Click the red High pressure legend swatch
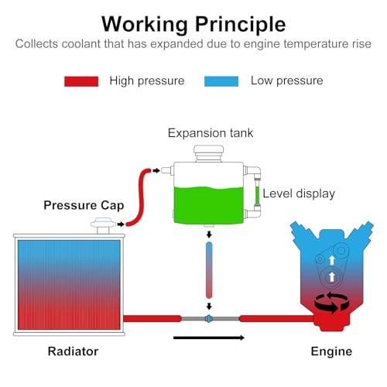[x=81, y=81]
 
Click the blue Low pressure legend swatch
[x=221, y=81]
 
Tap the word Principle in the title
[x=241, y=25]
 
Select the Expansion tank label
[x=211, y=133]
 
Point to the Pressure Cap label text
[x=84, y=205]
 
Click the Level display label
[x=299, y=193]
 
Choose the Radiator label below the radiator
[x=73, y=351]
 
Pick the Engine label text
[x=331, y=351]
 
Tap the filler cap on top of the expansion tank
[x=209, y=153]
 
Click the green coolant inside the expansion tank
[x=209, y=205]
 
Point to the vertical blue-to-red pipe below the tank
[x=209, y=270]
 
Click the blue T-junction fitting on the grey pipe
[x=208, y=319]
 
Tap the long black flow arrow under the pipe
[x=209, y=337]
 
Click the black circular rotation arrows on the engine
[x=331, y=303]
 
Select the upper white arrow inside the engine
[x=332, y=260]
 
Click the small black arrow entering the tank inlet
[x=156, y=170]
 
